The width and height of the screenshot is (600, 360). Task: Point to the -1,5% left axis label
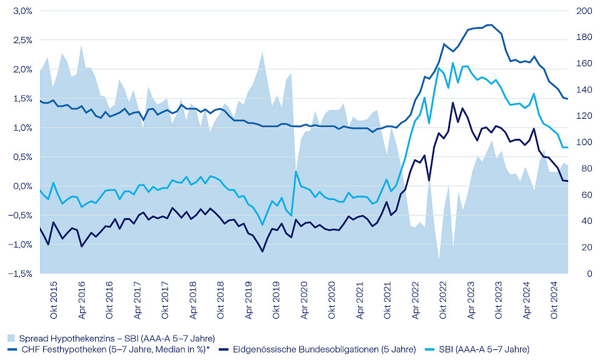coord(21,274)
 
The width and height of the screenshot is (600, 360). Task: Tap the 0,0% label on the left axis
coord(22,186)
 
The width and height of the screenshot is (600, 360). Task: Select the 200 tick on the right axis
coord(582,11)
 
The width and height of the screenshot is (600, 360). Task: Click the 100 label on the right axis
coord(582,142)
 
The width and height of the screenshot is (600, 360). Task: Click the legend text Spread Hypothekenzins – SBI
coord(113,337)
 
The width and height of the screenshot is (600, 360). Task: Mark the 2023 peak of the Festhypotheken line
coord(491,25)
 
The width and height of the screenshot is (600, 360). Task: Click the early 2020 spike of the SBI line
coord(296,171)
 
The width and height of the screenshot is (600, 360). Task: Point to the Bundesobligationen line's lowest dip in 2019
coord(262,251)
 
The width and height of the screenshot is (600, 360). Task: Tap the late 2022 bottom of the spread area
coord(439,259)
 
